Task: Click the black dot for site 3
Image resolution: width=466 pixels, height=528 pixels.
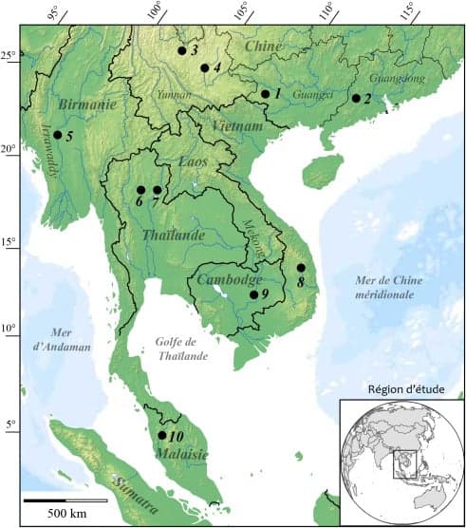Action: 181,50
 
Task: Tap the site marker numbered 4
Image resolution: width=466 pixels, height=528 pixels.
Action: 205,68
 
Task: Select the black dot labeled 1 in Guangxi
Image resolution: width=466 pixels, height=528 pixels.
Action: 266,94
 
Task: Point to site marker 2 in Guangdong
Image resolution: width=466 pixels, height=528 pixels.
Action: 356,98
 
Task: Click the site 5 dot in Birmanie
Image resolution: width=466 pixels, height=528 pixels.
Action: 58,135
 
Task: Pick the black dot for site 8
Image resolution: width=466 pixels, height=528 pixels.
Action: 301,268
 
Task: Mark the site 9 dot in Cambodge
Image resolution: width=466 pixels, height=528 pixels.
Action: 253,294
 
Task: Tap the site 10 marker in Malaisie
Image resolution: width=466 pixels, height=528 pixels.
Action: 161,435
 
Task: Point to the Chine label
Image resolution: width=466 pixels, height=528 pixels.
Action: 265,46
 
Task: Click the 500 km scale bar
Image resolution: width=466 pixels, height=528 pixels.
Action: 65,500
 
